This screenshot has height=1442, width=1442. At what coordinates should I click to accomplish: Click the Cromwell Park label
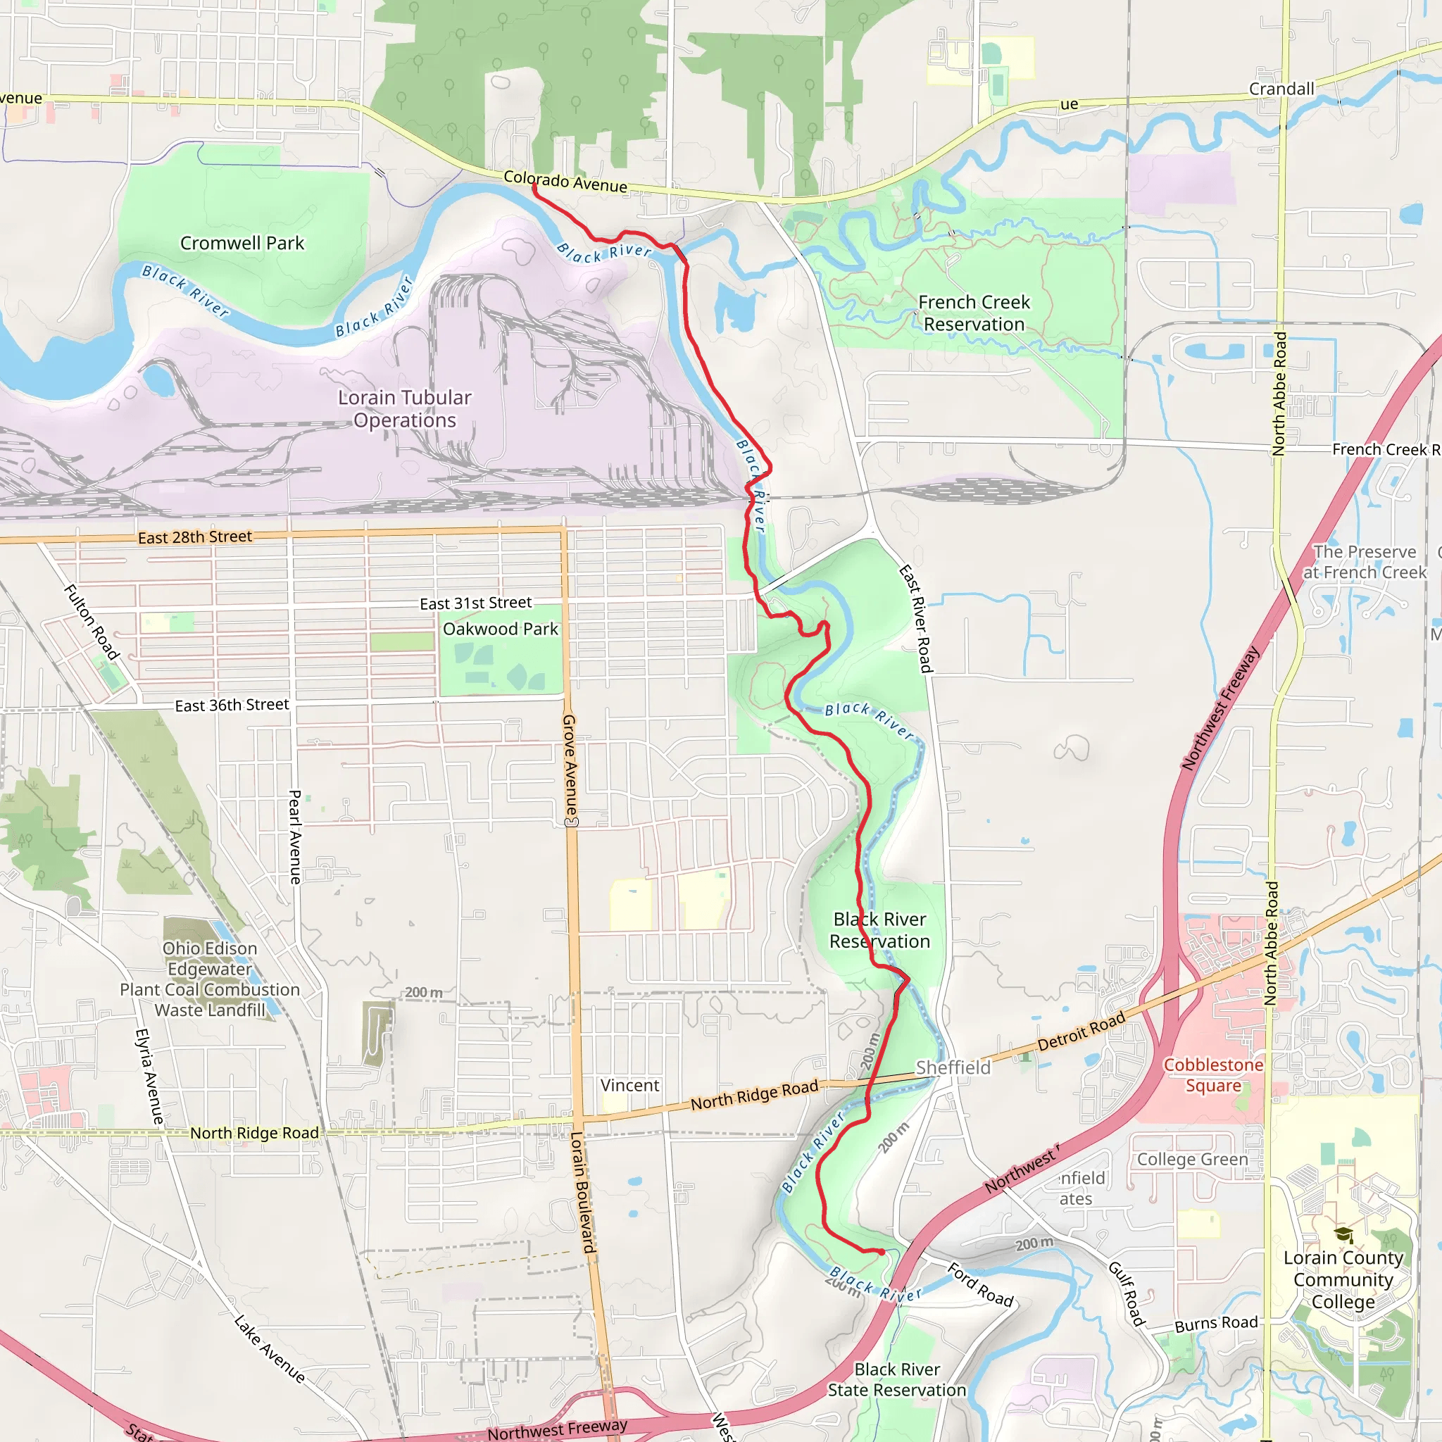click(242, 244)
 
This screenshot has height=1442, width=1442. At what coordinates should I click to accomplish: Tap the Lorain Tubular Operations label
click(405, 409)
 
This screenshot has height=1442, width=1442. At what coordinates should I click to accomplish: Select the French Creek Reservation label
click(974, 313)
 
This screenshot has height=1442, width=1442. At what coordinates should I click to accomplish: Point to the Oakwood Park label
click(500, 629)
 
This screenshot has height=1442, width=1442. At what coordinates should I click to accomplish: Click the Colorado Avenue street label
click(565, 182)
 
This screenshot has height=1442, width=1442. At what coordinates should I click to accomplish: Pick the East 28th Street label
click(195, 537)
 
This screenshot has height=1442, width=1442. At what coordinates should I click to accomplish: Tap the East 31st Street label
click(475, 603)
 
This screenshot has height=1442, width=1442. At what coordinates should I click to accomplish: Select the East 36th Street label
click(232, 706)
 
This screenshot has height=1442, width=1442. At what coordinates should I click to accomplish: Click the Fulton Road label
click(92, 622)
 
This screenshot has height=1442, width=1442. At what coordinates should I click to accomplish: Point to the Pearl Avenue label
click(295, 837)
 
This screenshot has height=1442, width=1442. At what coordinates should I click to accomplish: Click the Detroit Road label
click(1081, 1032)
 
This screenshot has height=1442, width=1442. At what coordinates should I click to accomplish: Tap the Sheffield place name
click(953, 1068)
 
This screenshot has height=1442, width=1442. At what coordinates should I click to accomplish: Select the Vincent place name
click(630, 1085)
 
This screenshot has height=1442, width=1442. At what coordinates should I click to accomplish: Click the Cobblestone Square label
click(1213, 1076)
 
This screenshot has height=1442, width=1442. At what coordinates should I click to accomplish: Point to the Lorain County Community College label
click(1343, 1280)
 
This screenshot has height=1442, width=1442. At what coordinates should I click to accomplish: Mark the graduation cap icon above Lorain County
click(1343, 1234)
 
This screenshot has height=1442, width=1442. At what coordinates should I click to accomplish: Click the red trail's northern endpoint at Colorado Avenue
click(534, 187)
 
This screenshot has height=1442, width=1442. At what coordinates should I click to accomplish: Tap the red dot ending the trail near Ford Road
click(882, 1252)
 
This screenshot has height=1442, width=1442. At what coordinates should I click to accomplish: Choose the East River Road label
click(916, 619)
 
